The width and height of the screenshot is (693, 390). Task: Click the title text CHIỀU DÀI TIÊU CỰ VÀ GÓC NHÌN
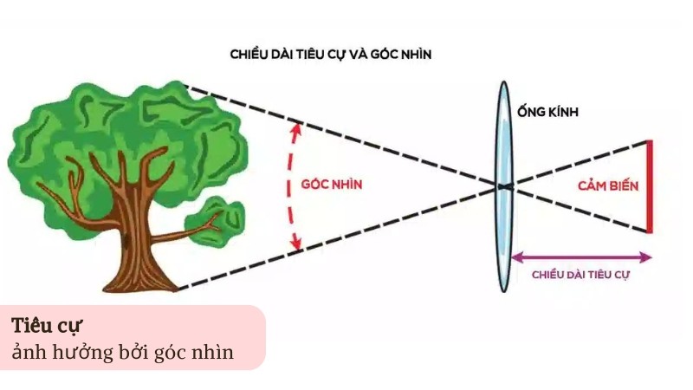click(x=331, y=54)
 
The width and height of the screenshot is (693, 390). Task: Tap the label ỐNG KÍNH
click(x=547, y=113)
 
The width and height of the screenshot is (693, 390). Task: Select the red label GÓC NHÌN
click(x=331, y=185)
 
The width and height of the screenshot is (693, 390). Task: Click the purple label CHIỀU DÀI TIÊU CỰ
click(x=580, y=275)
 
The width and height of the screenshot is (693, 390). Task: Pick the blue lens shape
click(x=502, y=186)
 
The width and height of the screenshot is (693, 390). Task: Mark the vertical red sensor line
click(x=649, y=186)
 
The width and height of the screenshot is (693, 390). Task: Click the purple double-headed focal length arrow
click(x=580, y=257)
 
